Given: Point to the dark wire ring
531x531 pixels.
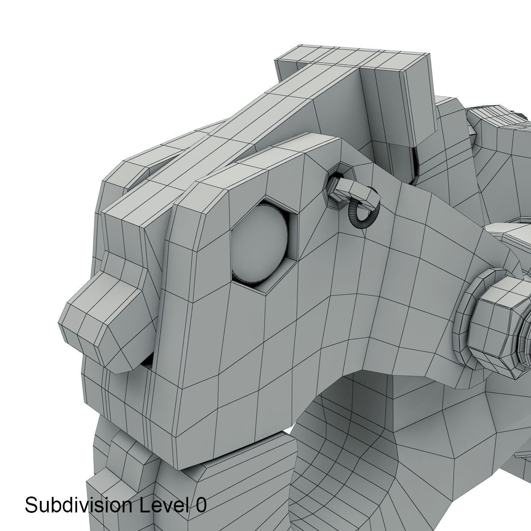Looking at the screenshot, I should (363, 212).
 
